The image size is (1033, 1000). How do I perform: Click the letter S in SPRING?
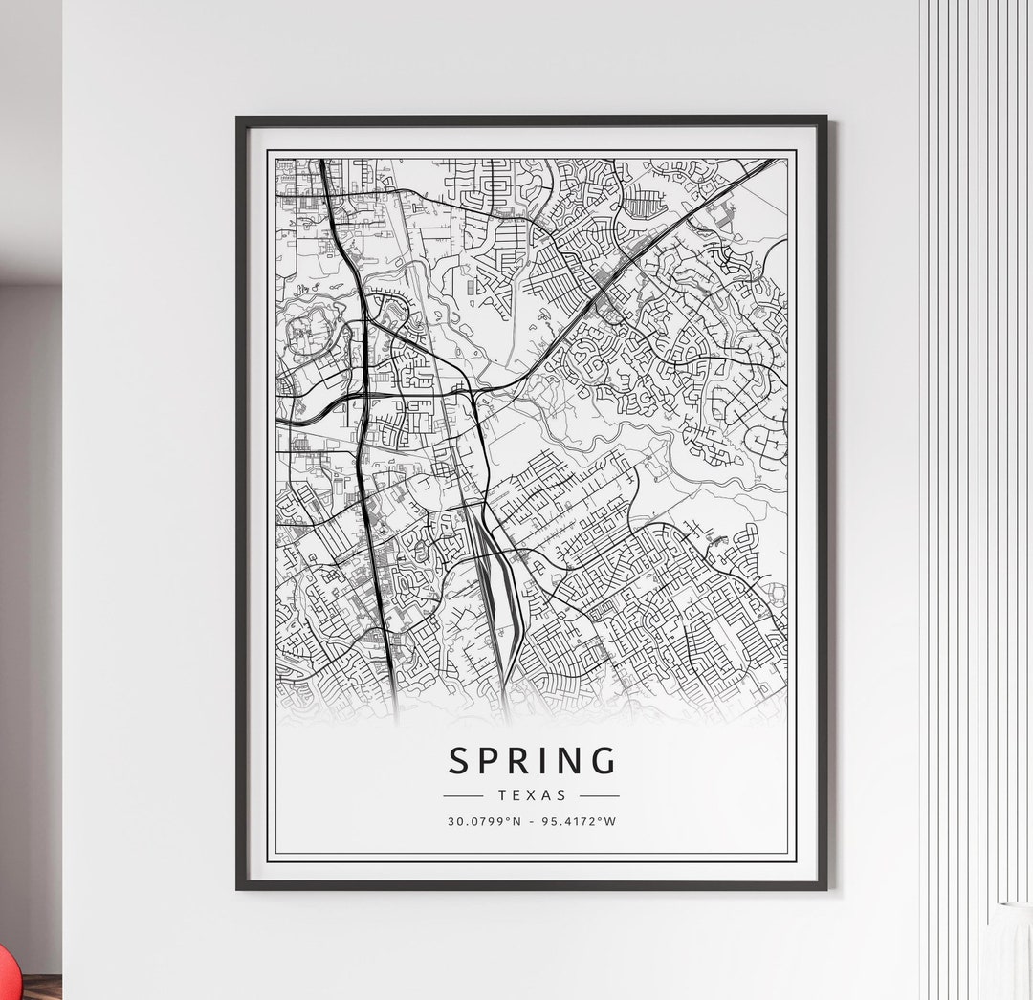(x=460, y=761)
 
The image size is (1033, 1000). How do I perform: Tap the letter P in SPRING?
(x=495, y=761)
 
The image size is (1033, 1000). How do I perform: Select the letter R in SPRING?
(x=528, y=761)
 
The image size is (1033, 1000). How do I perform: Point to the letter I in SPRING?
(x=552, y=761)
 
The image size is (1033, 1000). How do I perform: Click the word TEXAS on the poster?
(x=532, y=794)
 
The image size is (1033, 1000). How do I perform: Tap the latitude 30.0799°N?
(x=483, y=820)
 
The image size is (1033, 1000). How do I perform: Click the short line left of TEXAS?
(x=464, y=795)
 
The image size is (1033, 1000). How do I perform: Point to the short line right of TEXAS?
(x=600, y=795)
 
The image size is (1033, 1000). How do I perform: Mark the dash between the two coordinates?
(x=533, y=820)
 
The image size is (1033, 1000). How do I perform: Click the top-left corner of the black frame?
(x=238, y=119)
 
